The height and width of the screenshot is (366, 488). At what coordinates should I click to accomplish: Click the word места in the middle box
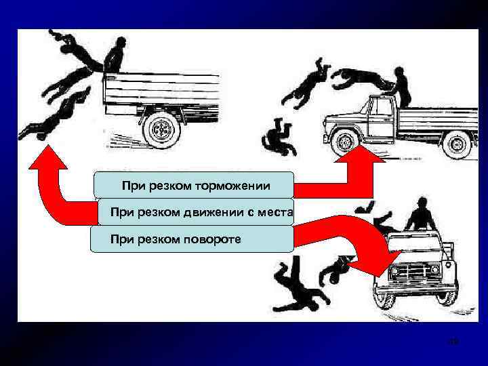[270, 212]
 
